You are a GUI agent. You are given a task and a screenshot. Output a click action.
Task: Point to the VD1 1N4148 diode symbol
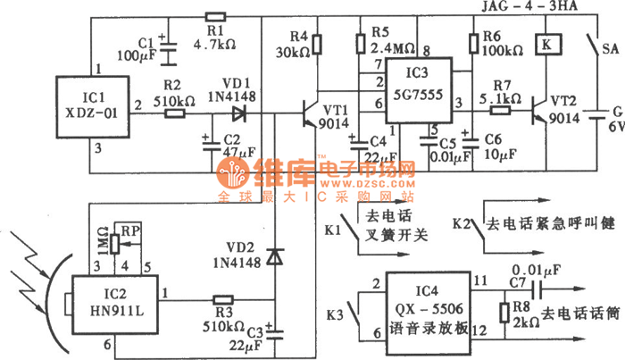tap(237, 113)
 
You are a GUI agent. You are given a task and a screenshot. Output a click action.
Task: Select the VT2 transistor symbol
tap(542, 111)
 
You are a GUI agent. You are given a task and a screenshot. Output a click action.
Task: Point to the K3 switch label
tap(337, 314)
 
